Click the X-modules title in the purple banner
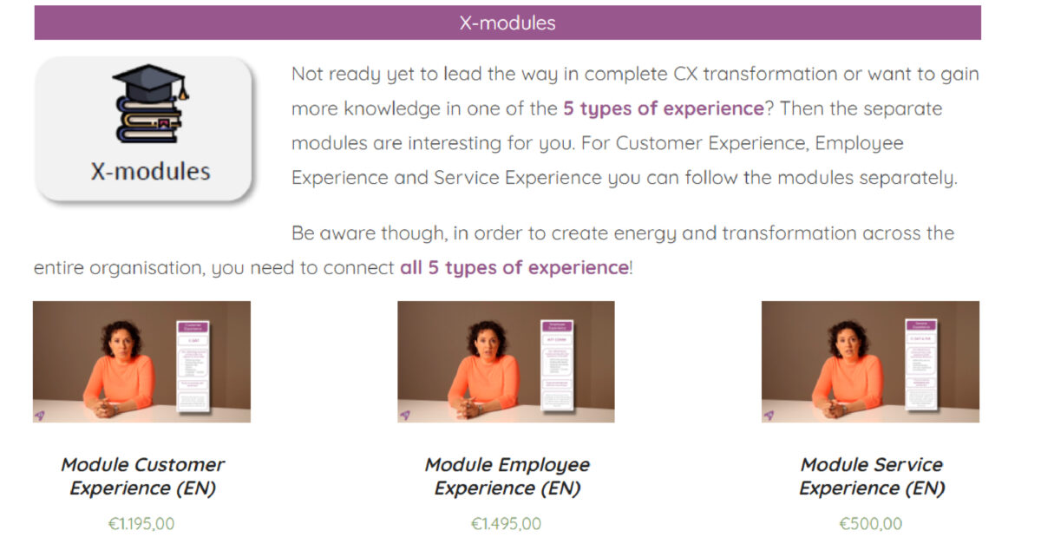coord(507,23)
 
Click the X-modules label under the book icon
coord(150,171)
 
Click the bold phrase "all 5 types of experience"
coord(514,267)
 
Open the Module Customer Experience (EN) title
coord(142,476)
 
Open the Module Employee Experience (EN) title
coord(507,476)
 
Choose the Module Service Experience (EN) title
coord(871,476)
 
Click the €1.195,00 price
coord(141,524)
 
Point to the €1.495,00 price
coord(506,524)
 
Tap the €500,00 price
coord(870,524)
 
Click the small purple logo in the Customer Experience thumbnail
coord(40,415)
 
